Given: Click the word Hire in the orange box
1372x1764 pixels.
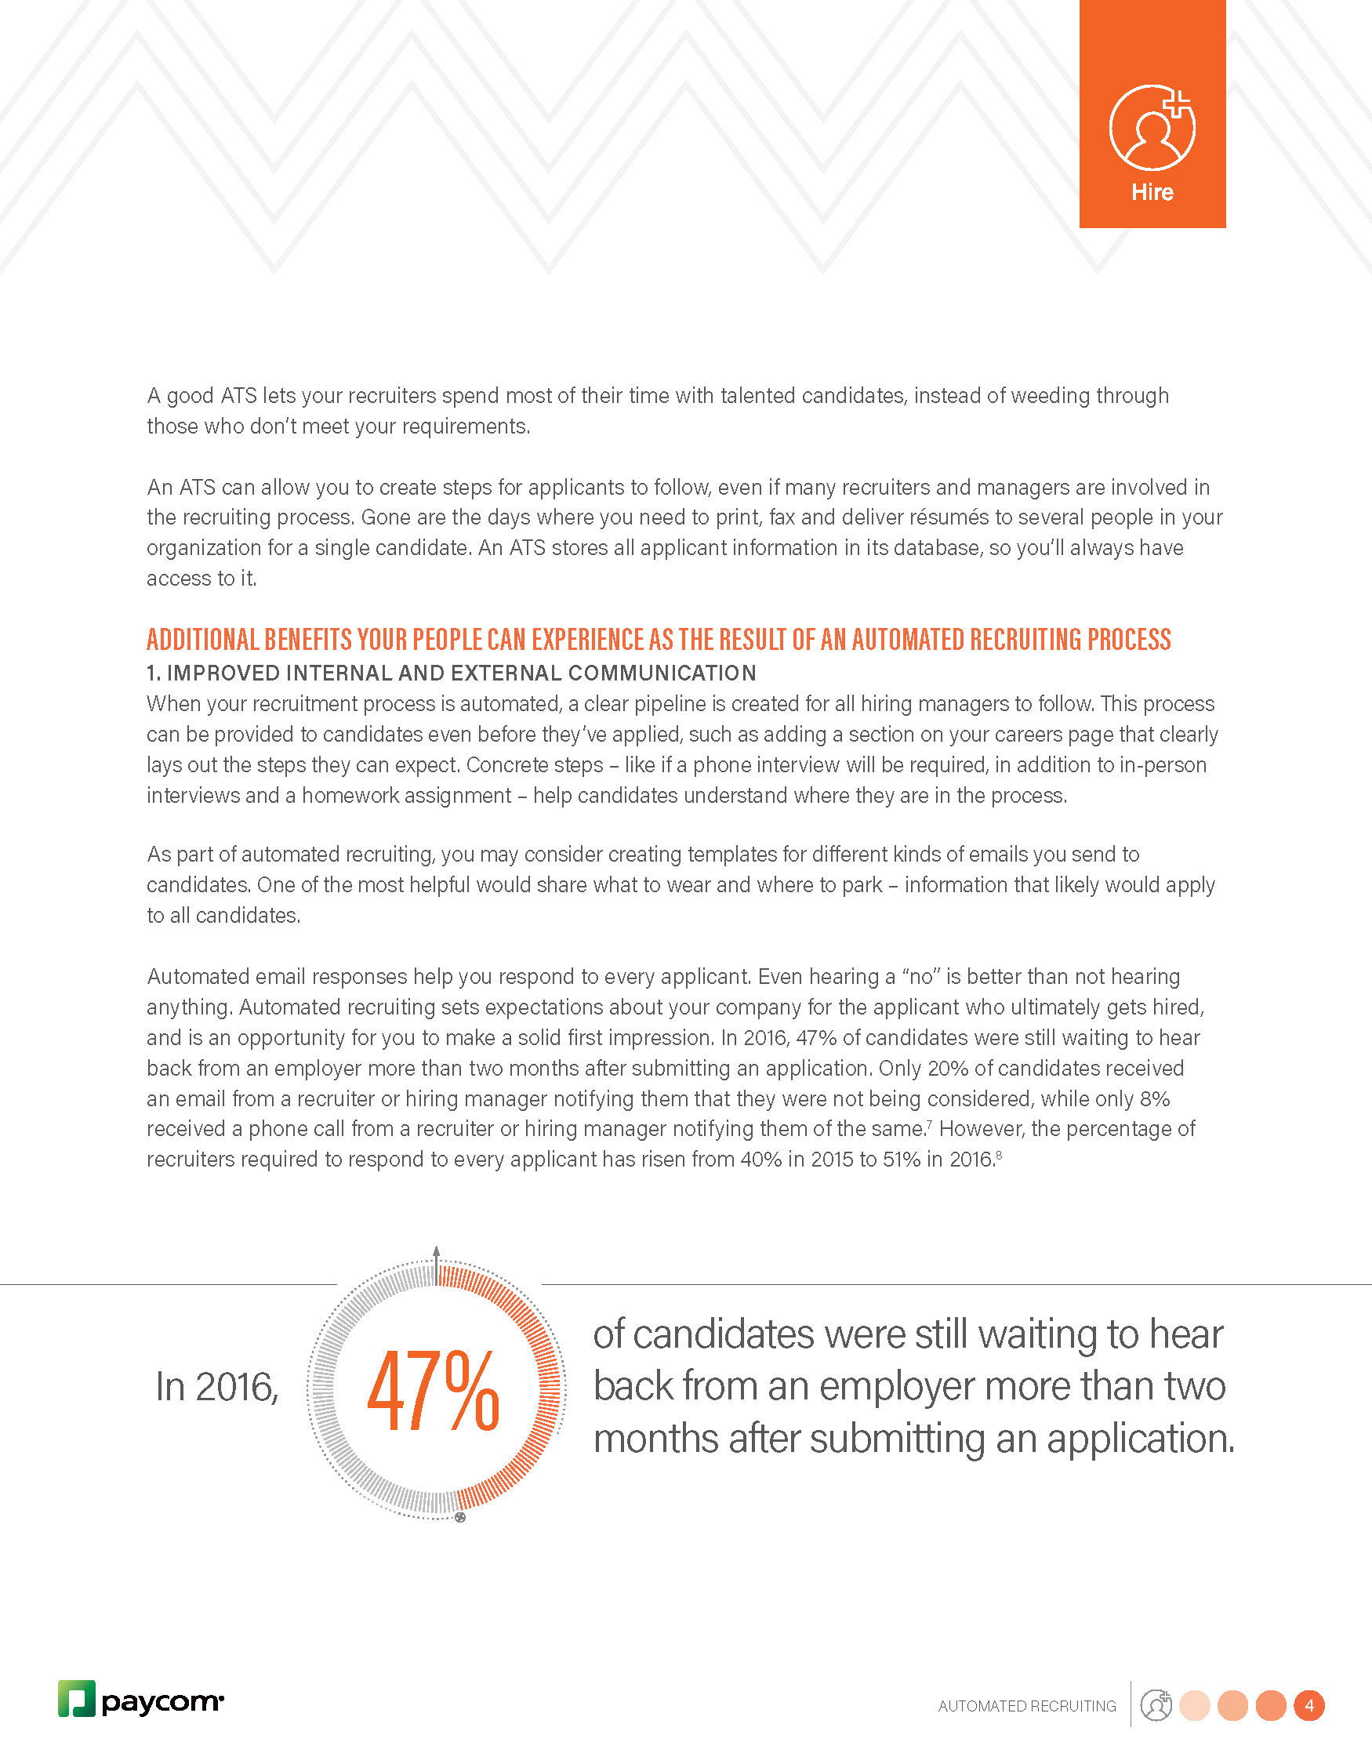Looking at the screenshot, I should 1152,192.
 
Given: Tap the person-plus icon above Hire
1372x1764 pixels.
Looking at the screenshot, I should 1152,128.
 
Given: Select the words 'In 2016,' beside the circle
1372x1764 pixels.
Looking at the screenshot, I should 216,1388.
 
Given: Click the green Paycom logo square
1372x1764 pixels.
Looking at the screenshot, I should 77,1698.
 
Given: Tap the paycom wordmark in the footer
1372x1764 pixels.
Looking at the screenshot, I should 162,1702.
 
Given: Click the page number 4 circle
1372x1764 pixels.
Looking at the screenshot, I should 1309,1705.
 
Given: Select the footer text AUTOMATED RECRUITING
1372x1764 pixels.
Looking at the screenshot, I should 1027,1706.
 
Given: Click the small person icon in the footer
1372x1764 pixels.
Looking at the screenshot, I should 1156,1705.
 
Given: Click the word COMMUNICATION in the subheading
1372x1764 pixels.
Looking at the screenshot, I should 662,673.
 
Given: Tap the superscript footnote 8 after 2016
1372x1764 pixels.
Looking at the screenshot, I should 999,1154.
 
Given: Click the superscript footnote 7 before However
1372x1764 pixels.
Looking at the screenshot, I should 930,1123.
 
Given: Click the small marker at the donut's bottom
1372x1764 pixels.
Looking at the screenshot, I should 460,1518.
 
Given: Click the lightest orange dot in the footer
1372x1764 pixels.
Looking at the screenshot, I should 1194,1705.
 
